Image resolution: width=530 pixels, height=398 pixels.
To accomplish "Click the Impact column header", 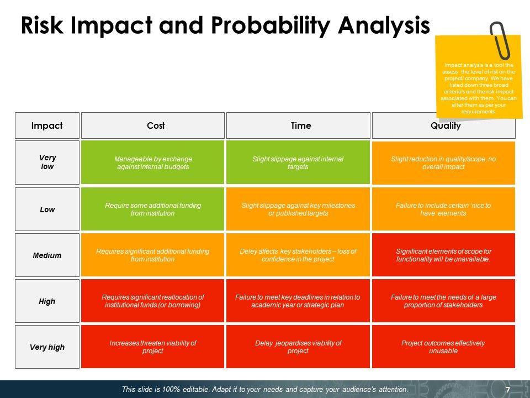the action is coord(47,125).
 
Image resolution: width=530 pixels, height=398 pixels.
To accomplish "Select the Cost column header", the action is coord(153,125).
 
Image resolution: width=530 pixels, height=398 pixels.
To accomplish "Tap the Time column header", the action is coord(298,125).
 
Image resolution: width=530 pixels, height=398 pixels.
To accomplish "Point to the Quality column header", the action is coord(443,125).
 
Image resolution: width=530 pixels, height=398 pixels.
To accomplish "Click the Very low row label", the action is coord(47,163).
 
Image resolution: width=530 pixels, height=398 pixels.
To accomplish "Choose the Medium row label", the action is coord(47,255).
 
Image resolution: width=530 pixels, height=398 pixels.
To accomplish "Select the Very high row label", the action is coord(47,347).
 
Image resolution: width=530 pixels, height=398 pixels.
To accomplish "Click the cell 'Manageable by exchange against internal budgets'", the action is coord(153,163).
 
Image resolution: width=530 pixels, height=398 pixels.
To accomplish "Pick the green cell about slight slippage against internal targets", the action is coord(298,163).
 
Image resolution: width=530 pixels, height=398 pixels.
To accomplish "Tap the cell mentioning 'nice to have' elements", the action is coord(443,209).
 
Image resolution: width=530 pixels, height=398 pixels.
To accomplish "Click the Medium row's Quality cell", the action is coord(443,255).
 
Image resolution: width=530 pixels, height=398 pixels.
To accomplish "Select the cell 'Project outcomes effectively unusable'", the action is coord(443,347).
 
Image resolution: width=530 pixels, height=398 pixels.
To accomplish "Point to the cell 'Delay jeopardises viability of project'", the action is coord(298,347).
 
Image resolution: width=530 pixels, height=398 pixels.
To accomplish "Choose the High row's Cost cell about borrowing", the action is coord(153,301).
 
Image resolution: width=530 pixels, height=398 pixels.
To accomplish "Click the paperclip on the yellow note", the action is coord(501,40).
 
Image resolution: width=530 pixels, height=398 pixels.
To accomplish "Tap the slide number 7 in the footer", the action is coord(508,390).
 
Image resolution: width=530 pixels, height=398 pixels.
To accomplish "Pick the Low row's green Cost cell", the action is coord(153,209).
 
